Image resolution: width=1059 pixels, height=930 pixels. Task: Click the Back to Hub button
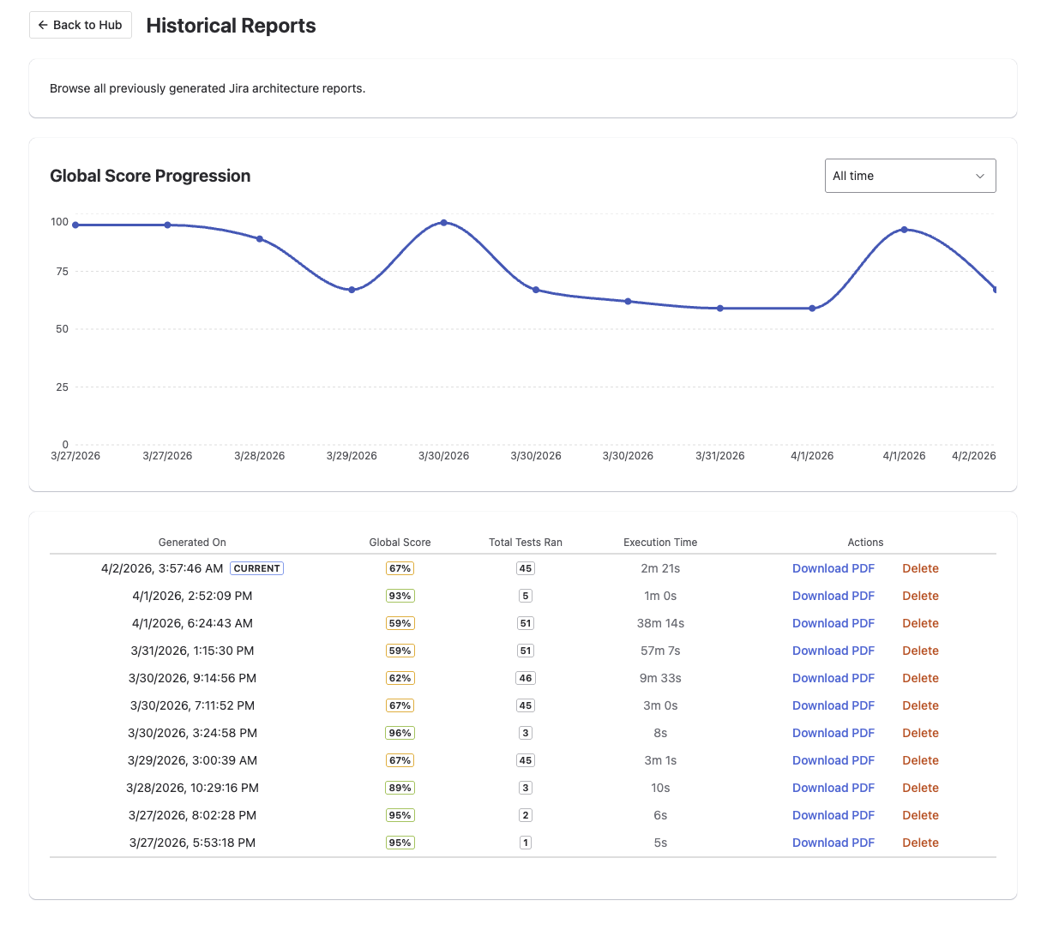pos(81,25)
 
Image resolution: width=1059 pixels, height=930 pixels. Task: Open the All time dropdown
pos(910,176)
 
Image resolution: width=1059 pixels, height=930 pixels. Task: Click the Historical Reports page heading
pos(231,26)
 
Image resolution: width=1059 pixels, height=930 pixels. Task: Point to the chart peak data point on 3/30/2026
pos(443,223)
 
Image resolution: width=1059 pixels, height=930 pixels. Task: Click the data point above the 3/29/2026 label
pos(352,290)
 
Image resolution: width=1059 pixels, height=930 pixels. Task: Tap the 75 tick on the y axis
pos(62,272)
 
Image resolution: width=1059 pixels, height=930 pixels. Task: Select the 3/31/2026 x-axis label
pos(719,456)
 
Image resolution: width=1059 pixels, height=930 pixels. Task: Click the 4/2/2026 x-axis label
pos(973,456)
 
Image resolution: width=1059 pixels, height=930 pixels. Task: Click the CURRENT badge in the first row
pos(256,568)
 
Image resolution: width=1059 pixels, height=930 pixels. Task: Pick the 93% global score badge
pos(400,596)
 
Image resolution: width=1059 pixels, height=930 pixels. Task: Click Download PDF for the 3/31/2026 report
pos(833,651)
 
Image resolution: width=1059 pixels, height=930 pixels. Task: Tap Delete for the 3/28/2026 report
pos(920,788)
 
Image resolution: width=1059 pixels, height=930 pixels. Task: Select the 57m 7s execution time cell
pos(660,651)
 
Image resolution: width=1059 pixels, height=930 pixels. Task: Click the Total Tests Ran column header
pos(526,543)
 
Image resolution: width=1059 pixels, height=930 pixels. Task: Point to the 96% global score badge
pos(400,733)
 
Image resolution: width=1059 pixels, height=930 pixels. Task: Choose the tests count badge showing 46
pos(526,678)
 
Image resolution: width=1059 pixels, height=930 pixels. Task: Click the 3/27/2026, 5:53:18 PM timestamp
pos(192,843)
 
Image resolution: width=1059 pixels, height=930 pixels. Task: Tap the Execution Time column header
pos(660,543)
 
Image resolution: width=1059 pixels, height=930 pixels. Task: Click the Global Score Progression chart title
pos(150,176)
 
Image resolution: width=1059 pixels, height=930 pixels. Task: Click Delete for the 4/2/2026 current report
pos(920,568)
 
